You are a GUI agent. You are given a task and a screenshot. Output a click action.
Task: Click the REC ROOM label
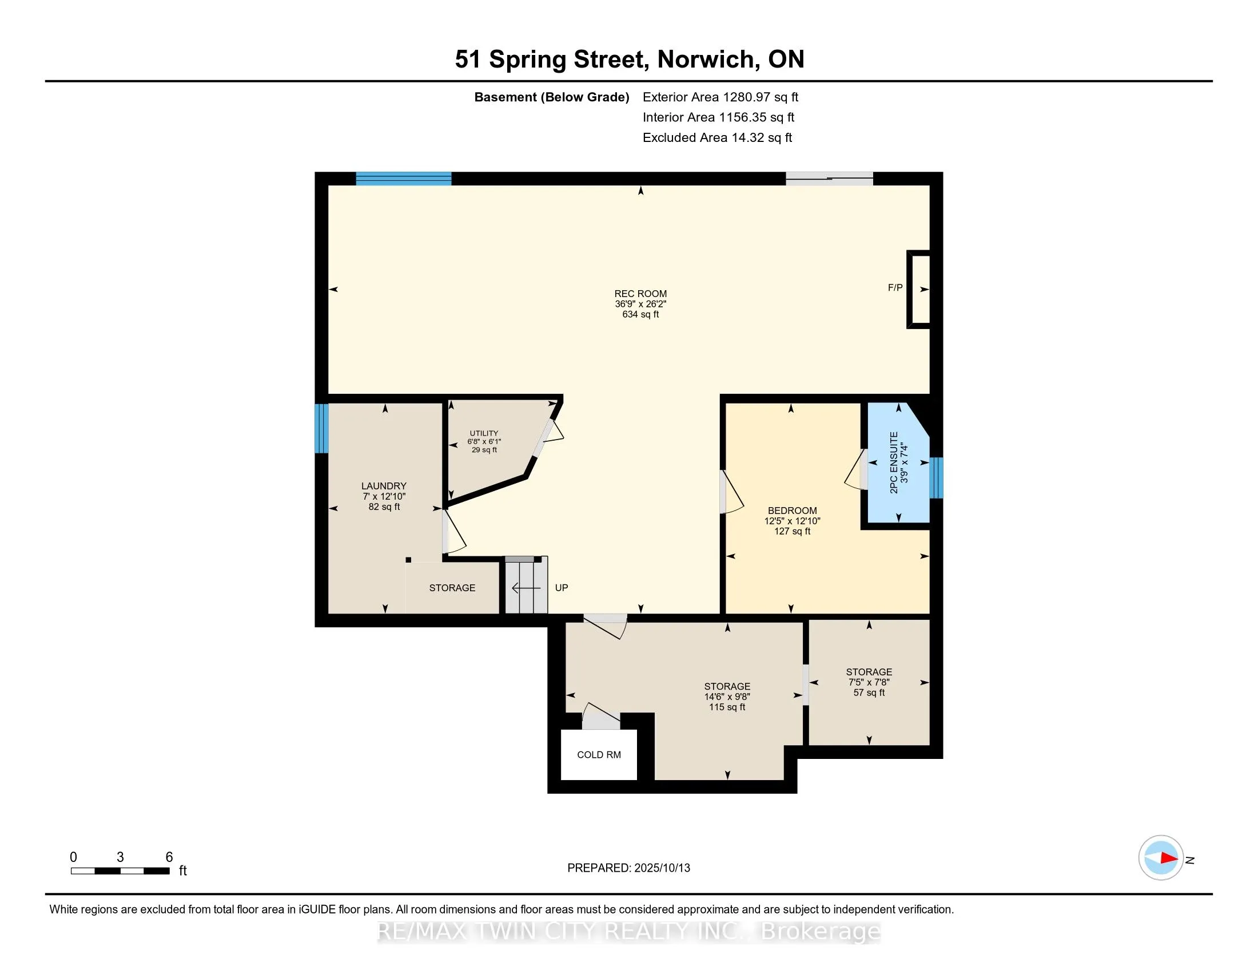[640, 294]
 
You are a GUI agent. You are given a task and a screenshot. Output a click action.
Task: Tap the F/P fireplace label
[895, 288]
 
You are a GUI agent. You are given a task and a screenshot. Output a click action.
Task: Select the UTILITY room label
[484, 433]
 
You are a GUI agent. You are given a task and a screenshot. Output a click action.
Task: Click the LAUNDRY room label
[384, 486]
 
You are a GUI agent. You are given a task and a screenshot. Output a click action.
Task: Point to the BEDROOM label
[792, 511]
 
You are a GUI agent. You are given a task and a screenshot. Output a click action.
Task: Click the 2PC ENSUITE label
[894, 462]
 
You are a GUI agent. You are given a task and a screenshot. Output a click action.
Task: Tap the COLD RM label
[599, 755]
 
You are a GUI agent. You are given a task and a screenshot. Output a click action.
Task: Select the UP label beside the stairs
[562, 588]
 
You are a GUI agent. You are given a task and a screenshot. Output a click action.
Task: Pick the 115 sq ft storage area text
[727, 707]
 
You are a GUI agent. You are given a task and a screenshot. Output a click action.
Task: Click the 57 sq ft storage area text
[869, 693]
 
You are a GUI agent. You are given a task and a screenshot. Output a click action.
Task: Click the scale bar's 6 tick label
[169, 857]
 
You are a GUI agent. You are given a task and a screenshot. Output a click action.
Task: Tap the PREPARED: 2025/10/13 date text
[628, 868]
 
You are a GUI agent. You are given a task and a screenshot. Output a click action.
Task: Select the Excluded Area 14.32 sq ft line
[717, 138]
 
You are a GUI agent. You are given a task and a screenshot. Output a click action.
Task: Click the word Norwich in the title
[706, 60]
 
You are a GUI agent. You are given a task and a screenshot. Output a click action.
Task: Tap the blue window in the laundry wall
[321, 428]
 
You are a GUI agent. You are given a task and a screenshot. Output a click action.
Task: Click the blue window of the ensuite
[937, 478]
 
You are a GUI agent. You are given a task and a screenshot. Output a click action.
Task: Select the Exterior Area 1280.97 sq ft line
[720, 97]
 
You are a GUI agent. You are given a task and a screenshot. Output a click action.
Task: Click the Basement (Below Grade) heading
[552, 97]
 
